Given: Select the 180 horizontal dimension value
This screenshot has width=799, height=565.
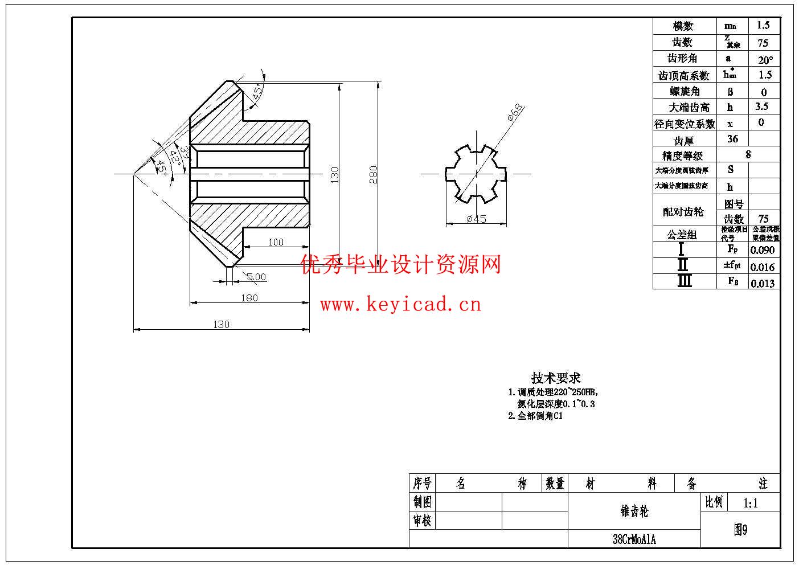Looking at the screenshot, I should (x=249, y=297).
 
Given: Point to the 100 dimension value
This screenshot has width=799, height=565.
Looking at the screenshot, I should (x=276, y=242).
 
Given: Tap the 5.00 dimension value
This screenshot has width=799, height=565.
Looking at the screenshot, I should (x=257, y=277).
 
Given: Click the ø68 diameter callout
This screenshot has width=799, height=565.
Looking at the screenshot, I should (x=515, y=112).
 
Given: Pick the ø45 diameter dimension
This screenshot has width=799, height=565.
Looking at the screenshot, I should (x=476, y=219).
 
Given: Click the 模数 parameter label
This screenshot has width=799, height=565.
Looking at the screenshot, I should (x=683, y=26).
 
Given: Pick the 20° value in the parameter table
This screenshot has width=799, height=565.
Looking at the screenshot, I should (x=765, y=59).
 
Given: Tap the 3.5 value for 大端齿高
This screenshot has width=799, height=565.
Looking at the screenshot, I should (x=761, y=107).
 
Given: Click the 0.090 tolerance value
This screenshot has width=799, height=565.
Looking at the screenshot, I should (x=763, y=250).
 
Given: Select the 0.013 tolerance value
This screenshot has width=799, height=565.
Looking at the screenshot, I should (x=763, y=283).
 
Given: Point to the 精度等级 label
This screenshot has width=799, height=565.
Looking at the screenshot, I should (x=682, y=155).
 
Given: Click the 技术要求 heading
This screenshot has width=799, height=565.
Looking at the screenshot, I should (x=556, y=377).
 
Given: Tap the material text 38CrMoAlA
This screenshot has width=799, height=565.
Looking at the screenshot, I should (x=634, y=539).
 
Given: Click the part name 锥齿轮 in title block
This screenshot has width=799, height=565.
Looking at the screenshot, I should (x=634, y=511).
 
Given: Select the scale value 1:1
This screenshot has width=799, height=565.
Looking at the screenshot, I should (x=751, y=502).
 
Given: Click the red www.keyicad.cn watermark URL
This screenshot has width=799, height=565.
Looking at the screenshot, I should (x=400, y=305).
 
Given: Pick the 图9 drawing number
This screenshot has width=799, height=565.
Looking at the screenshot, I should (x=740, y=530).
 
